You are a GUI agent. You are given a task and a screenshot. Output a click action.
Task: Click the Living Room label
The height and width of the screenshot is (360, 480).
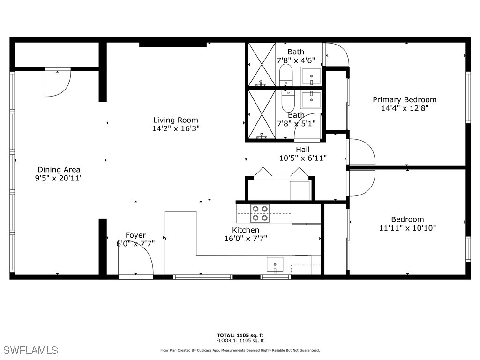click(176, 120)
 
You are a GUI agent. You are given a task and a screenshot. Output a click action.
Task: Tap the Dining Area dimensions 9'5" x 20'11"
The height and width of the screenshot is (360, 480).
click(59, 178)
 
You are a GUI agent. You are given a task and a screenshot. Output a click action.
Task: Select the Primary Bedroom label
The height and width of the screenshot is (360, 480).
click(405, 99)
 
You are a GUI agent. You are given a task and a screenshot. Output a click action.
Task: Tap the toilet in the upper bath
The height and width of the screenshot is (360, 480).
click(285, 75)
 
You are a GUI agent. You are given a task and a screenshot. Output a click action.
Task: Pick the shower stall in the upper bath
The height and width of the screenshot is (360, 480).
click(261, 64)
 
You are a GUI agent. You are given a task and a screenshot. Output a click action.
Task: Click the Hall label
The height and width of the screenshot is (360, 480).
click(302, 150)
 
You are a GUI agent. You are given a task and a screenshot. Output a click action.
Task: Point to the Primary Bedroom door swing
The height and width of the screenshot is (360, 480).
click(362, 152)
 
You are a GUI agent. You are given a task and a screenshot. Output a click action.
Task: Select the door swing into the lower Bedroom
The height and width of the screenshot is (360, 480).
click(362, 183)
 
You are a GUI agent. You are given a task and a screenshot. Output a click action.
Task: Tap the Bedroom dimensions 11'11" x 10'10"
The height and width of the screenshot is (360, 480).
click(408, 228)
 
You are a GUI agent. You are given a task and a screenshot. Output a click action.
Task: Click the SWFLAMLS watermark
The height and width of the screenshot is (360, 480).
click(30, 350)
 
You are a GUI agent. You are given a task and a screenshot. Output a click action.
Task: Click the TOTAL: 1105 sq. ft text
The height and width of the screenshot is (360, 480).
click(240, 335)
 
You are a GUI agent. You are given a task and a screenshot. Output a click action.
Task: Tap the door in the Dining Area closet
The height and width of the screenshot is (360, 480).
click(58, 83)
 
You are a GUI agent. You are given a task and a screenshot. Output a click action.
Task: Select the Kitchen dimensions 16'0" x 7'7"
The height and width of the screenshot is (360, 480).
click(246, 238)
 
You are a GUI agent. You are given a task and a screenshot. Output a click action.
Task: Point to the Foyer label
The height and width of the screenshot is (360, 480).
click(135, 235)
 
